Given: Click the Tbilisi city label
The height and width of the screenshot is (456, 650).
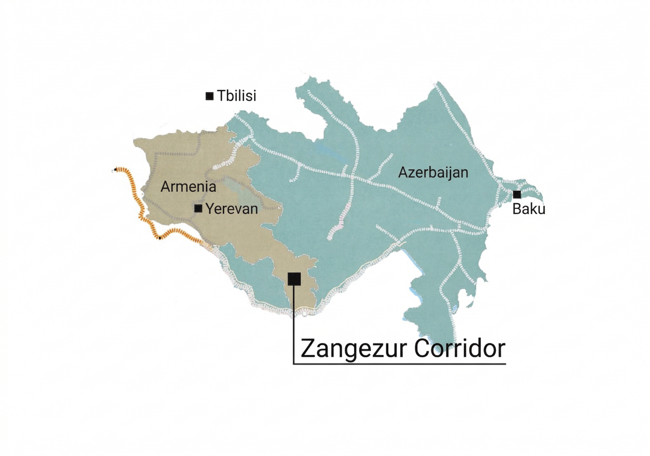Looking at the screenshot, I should tap(236, 96).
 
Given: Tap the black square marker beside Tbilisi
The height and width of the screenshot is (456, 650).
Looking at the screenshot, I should tap(209, 96).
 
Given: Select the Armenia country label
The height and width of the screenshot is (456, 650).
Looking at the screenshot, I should tap(188, 186).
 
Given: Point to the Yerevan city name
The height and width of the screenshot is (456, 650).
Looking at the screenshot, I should tap(231, 209).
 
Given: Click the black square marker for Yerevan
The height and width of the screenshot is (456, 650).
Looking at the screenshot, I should tap(198, 208).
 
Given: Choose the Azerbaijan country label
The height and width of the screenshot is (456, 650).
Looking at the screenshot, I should tap(433, 172).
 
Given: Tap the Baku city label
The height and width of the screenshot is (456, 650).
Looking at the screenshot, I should tap(528, 209).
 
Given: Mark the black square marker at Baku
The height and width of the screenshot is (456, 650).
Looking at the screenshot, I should tap(517, 195).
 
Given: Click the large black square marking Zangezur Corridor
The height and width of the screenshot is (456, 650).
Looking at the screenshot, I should tap(294, 279).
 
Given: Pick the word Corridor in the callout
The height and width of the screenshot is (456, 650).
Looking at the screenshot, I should tap(460, 348).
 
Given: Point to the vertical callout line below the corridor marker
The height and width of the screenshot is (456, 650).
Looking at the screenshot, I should tap(294, 329).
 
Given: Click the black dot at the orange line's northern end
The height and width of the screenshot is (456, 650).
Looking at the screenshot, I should tap(116, 170).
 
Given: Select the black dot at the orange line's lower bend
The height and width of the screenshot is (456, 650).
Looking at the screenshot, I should tap(160, 238).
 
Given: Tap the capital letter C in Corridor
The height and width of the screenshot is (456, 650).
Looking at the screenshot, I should tap(422, 348).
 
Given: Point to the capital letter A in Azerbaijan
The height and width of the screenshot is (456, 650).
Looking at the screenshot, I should tap(403, 173).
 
